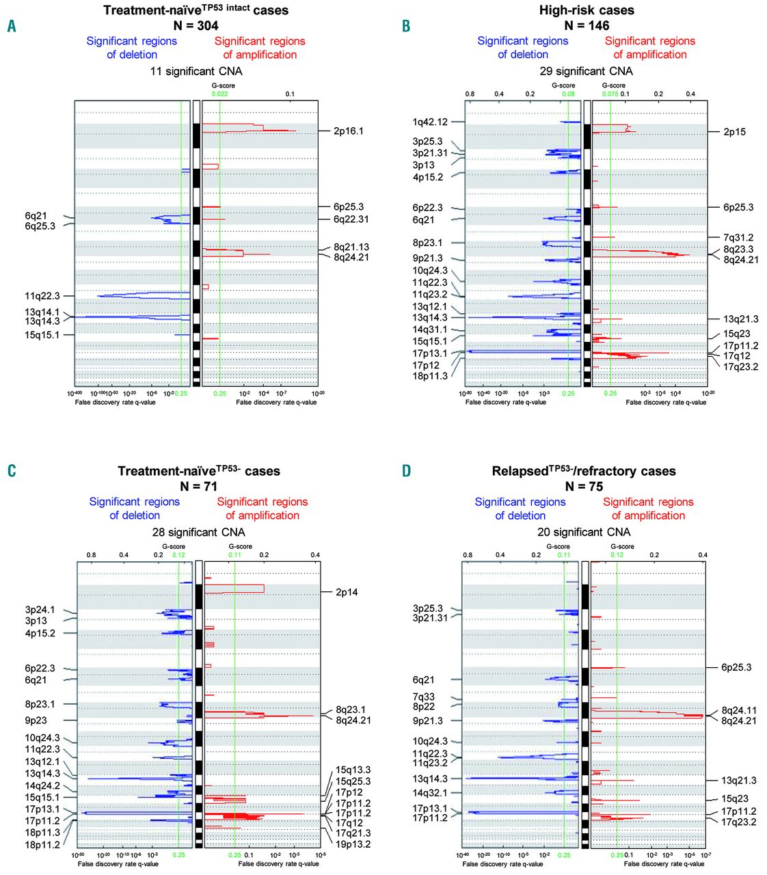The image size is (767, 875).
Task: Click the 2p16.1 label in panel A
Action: (348, 131)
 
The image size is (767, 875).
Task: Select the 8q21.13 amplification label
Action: (351, 247)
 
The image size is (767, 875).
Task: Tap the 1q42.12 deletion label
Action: (430, 122)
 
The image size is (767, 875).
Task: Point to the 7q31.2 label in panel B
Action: (738, 237)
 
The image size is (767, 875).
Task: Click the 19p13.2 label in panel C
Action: (353, 844)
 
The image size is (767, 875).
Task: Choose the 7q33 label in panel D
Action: (423, 697)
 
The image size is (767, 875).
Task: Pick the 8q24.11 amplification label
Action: (739, 710)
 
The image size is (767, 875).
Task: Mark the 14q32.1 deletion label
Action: (430, 793)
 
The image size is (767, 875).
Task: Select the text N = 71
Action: (199, 486)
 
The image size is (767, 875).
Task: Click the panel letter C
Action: (12, 471)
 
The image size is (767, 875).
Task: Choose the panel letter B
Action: (406, 26)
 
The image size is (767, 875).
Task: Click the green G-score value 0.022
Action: (219, 94)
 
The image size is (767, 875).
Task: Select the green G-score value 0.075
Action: (610, 94)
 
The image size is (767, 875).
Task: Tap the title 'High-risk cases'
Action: (587, 10)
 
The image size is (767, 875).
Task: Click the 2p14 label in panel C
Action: (347, 592)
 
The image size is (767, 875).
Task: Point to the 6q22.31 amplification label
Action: (351, 219)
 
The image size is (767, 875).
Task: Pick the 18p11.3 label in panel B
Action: (430, 376)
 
